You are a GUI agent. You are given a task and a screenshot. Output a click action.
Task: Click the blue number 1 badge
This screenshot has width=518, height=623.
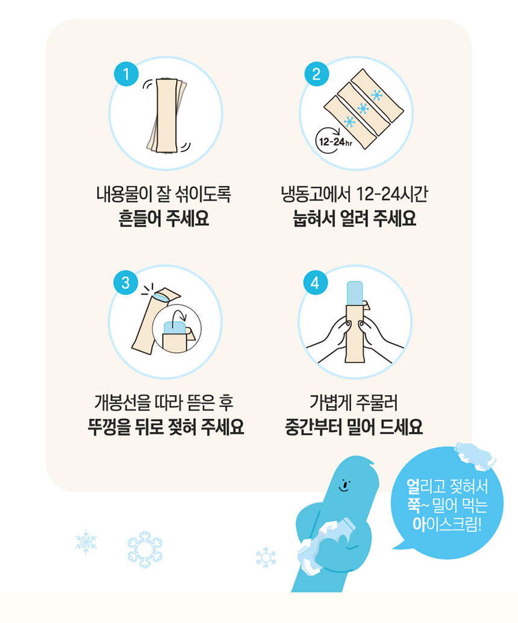point(126,74)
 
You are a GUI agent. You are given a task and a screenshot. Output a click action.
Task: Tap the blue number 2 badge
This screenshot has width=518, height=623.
point(316,74)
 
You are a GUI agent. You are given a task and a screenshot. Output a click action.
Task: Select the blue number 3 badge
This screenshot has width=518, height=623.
point(125,283)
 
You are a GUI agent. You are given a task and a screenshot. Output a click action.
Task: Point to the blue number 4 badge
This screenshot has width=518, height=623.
point(315,283)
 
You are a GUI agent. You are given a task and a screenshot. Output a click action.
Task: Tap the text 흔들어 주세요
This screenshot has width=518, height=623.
point(164,218)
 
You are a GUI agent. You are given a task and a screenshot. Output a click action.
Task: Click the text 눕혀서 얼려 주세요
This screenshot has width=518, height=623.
point(354,218)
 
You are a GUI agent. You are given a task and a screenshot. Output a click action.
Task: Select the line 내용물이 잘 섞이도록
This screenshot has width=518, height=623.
point(164,194)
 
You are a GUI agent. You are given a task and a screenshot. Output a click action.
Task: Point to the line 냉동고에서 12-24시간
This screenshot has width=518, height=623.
point(354,194)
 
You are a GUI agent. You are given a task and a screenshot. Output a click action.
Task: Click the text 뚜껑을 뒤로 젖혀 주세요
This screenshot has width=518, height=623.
point(166,427)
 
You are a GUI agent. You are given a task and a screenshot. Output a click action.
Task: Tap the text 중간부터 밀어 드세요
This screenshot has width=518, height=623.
point(354,427)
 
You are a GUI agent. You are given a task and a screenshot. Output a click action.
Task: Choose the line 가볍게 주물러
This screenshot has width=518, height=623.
point(354,402)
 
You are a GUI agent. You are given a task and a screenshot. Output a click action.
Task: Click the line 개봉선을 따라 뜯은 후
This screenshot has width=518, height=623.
point(164,402)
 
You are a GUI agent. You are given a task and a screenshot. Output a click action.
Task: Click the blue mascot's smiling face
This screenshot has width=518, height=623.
point(345,485)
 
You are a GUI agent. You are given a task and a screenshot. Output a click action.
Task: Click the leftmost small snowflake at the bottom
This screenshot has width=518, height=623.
point(86,542)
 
